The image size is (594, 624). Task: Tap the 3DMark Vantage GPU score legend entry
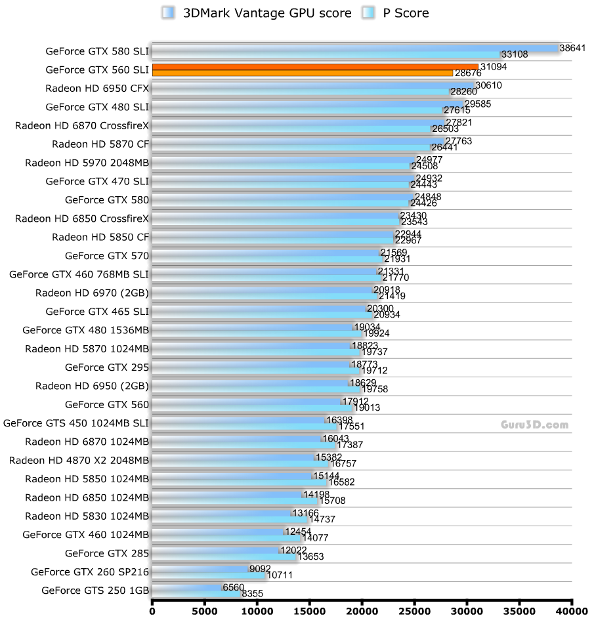(257, 12)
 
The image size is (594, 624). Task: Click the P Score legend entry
(398, 12)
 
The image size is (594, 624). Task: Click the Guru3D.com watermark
(531, 425)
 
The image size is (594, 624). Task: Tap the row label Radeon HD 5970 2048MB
(87, 163)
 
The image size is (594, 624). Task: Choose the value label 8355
(253, 594)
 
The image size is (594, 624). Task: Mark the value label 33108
(514, 54)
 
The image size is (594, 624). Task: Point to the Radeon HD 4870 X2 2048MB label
(79, 460)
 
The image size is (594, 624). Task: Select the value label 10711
(280, 575)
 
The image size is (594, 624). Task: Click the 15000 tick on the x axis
(310, 612)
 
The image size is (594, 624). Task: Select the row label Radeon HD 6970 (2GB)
(93, 293)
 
